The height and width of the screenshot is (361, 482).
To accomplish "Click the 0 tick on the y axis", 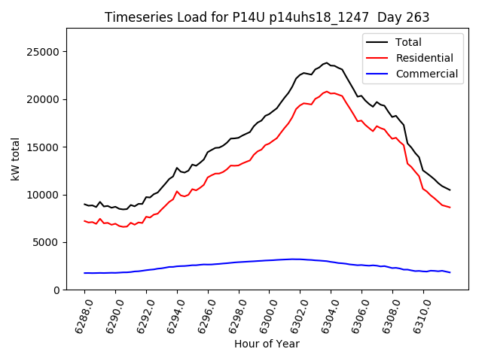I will [56, 290].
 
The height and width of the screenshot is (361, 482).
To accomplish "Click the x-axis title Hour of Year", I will [267, 344].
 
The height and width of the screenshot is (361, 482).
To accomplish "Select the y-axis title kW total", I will [15, 159].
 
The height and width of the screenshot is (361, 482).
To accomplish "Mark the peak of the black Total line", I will [327, 62].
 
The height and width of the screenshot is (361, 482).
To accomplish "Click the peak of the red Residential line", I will [327, 92].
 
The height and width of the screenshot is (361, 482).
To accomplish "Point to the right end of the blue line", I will [450, 272].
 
